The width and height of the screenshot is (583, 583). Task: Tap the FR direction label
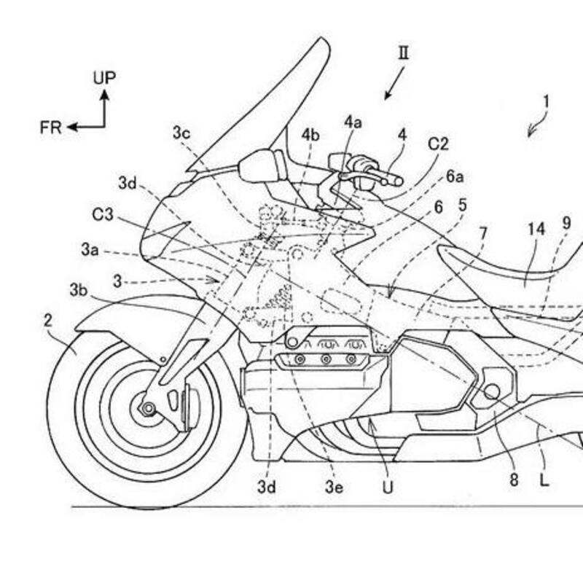pos(51,128)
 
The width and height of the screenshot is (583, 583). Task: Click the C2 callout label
pos(437,144)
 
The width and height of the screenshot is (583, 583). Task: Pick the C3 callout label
pos(103,215)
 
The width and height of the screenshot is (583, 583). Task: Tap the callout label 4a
pos(353,122)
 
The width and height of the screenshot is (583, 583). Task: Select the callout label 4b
pos(311,136)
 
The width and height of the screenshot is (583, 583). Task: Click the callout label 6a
pos(455,177)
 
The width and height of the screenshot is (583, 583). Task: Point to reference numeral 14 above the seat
pos(536,228)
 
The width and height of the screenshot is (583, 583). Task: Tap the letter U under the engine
pos(387,486)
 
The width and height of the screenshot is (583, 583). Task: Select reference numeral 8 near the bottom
pos(514,480)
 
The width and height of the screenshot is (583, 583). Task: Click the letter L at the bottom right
pos(544,480)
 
